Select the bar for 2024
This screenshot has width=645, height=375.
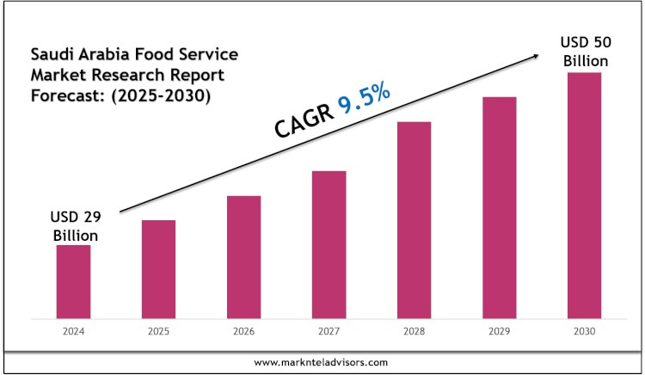click(74, 281)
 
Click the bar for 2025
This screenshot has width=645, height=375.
click(158, 269)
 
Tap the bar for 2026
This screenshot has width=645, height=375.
click(243, 257)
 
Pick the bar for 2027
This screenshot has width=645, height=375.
click(329, 244)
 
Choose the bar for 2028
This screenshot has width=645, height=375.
click(414, 220)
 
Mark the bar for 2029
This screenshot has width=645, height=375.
click(499, 207)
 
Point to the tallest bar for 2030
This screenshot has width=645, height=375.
click(584, 195)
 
